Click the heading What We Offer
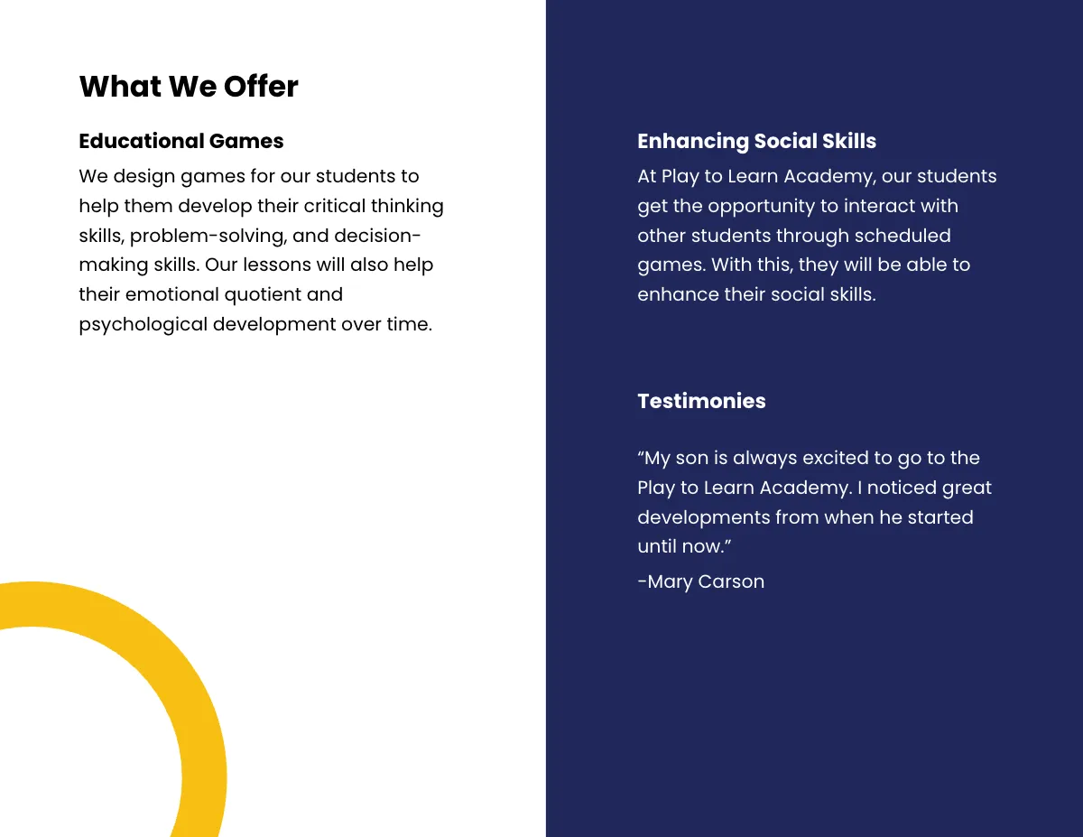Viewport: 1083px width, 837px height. (x=189, y=87)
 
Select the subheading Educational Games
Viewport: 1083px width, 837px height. (x=181, y=141)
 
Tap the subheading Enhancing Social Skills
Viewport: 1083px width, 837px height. (x=756, y=141)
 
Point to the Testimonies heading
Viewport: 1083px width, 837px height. (x=701, y=401)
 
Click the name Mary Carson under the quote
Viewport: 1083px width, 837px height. (x=705, y=581)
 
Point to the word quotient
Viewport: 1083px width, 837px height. (x=264, y=294)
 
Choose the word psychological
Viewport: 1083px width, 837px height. (x=143, y=324)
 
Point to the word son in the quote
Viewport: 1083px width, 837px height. (x=692, y=458)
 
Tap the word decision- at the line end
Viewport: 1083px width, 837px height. (x=377, y=236)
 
